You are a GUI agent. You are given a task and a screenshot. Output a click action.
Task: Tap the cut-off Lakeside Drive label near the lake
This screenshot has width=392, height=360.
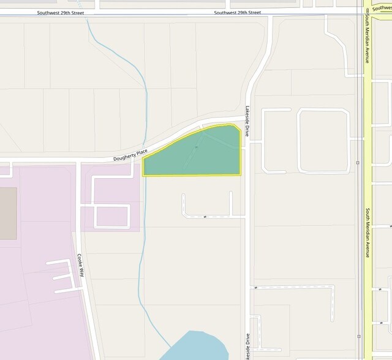247,347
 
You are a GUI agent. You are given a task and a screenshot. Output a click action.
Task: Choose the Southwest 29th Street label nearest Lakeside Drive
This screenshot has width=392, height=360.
238,12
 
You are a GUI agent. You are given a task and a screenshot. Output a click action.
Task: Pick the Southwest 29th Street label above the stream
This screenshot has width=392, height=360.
61,12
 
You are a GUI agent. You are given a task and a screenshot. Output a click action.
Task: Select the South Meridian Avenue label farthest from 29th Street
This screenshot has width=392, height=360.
368,233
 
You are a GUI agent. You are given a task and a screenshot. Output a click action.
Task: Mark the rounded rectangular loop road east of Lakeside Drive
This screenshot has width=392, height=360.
323,141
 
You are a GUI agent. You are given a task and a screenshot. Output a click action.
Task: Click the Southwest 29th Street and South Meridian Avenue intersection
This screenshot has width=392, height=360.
366,12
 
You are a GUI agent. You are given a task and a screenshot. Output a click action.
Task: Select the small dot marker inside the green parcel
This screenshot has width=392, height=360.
196,147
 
